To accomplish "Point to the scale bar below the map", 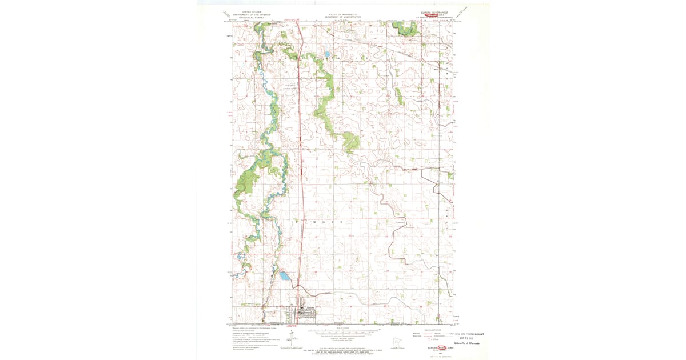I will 343,332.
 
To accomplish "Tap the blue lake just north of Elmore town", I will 284,277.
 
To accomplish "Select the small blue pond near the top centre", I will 327,55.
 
